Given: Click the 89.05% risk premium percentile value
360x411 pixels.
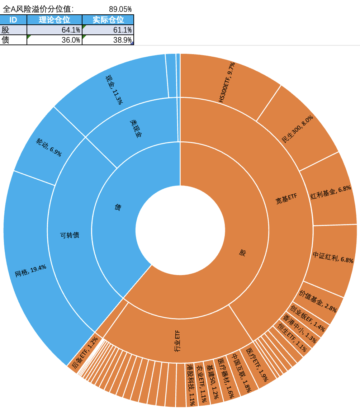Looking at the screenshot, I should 120,8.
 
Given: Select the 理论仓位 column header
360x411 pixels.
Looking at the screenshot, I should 54,20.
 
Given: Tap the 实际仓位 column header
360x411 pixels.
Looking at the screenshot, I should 108,20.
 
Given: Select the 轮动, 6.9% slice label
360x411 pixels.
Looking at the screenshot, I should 48,147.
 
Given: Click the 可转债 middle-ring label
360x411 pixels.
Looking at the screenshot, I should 70,235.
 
